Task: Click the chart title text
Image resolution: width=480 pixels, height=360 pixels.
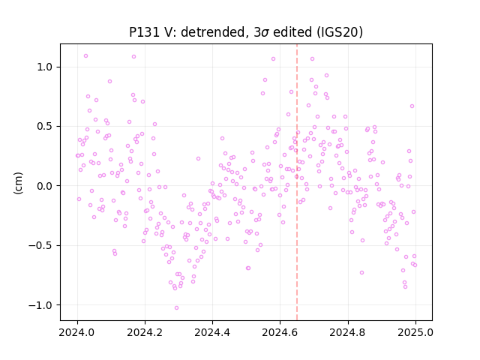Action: click(x=246, y=32)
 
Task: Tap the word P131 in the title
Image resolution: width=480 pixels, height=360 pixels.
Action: click(x=143, y=32)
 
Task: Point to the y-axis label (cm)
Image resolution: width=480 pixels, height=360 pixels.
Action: click(x=18, y=183)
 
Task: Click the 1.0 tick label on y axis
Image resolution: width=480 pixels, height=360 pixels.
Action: click(x=46, y=67)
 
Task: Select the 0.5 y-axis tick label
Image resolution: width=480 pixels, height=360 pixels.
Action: click(x=46, y=127)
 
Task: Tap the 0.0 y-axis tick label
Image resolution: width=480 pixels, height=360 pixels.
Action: click(x=46, y=186)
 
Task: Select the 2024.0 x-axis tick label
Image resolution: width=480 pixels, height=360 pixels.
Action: click(x=77, y=332)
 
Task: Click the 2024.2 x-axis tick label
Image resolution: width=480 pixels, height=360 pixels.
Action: click(x=145, y=332)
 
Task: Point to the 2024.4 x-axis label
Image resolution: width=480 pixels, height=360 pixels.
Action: click(x=212, y=332)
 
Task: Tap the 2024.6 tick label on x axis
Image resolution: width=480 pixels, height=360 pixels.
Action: click(x=280, y=332)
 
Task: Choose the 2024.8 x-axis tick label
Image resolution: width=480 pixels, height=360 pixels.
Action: click(x=347, y=332)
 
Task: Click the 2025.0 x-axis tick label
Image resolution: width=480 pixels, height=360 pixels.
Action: click(x=415, y=332)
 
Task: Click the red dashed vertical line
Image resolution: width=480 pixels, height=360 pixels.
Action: click(x=297, y=182)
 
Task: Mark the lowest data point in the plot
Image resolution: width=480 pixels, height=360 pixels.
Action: click(x=177, y=308)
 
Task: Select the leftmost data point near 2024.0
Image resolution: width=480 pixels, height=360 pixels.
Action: click(x=77, y=155)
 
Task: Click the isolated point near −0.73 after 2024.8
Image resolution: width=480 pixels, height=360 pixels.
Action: click(x=361, y=272)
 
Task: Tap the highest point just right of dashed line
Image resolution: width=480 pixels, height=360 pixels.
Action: click(x=312, y=58)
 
